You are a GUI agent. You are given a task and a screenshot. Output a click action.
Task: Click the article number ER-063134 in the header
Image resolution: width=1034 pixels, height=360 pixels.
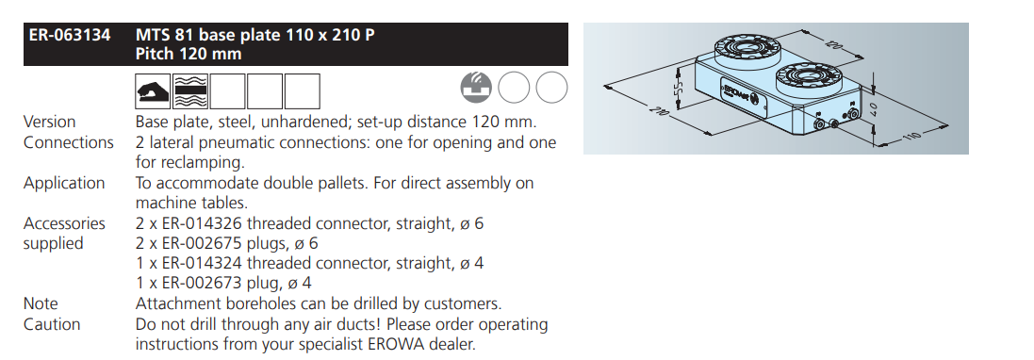point(69,34)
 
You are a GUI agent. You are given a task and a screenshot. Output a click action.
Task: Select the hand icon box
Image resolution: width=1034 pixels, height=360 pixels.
point(153,91)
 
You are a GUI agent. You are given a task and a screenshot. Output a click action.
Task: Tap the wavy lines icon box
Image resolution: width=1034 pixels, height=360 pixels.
point(190,91)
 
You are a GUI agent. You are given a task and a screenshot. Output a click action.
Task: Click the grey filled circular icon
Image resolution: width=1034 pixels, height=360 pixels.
point(476,88)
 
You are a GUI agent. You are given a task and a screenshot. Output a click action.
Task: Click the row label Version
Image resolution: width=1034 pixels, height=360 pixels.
point(49,122)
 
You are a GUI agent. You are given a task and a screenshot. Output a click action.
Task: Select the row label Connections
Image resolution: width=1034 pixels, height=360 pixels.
point(69,142)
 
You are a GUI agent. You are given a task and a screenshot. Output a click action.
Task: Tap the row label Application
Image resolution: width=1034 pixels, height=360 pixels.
point(64,183)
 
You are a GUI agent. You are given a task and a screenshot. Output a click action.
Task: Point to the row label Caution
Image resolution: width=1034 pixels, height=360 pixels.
point(52,324)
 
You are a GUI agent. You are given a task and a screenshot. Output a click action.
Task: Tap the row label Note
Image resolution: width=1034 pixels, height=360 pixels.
point(41,304)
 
